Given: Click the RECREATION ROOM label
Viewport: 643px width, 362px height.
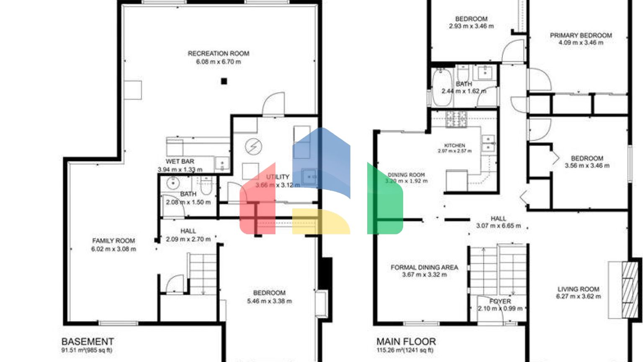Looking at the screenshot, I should coord(218,54).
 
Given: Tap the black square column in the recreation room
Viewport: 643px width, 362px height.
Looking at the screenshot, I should coord(224,81).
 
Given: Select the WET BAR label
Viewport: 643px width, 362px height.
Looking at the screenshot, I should coord(180,161).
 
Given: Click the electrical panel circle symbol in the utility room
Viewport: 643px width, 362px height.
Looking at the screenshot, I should coord(253,147).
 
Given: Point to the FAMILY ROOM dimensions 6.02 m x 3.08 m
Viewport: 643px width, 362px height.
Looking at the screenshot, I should coord(113,249).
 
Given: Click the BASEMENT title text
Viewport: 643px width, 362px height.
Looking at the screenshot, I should coord(87,341).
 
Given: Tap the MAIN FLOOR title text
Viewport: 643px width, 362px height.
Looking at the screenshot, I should coord(406,341).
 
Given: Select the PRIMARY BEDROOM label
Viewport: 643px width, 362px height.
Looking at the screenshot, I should coord(581,36).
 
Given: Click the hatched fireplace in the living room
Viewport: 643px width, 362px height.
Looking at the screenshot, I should coord(630,290).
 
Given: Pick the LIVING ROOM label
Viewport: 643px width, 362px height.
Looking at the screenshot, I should coord(578,289).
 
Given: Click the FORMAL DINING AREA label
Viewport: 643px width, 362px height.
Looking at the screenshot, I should coord(424,267).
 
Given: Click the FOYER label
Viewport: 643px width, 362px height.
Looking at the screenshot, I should coord(500,301).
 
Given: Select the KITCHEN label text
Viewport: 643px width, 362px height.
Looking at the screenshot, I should coord(455,145).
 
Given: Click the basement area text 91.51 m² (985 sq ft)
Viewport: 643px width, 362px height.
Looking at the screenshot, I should coord(87,350).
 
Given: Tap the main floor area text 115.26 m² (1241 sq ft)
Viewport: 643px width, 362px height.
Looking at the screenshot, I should coord(405,350).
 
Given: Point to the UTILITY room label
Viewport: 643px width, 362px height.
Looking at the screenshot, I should coord(278,177).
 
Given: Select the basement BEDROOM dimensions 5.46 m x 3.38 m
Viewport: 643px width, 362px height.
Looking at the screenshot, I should coord(269,301).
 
